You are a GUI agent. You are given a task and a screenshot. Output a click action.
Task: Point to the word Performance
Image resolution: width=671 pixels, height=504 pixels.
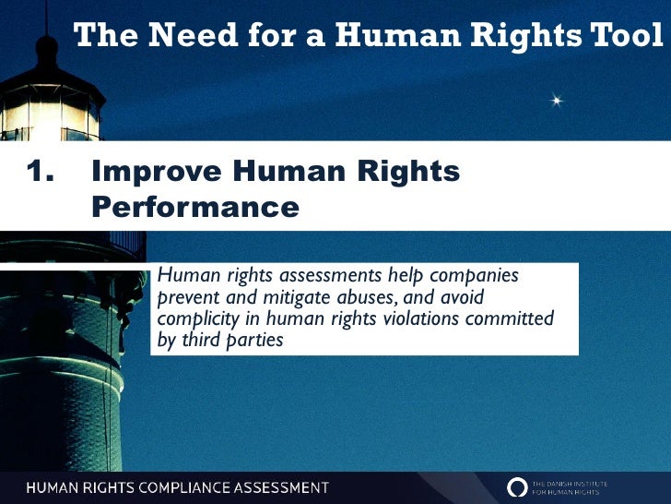pyautogui.click(x=195, y=206)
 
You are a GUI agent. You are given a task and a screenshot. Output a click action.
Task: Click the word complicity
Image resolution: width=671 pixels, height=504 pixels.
pyautogui.click(x=195, y=319)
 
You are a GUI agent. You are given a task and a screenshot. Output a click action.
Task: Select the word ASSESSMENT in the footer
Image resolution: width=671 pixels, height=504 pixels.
pyautogui.click(x=280, y=488)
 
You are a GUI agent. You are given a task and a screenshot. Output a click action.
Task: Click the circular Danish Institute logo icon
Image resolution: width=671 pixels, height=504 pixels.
pyautogui.click(x=518, y=487)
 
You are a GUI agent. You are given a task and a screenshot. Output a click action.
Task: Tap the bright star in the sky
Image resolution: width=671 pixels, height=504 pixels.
pyautogui.click(x=556, y=99)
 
